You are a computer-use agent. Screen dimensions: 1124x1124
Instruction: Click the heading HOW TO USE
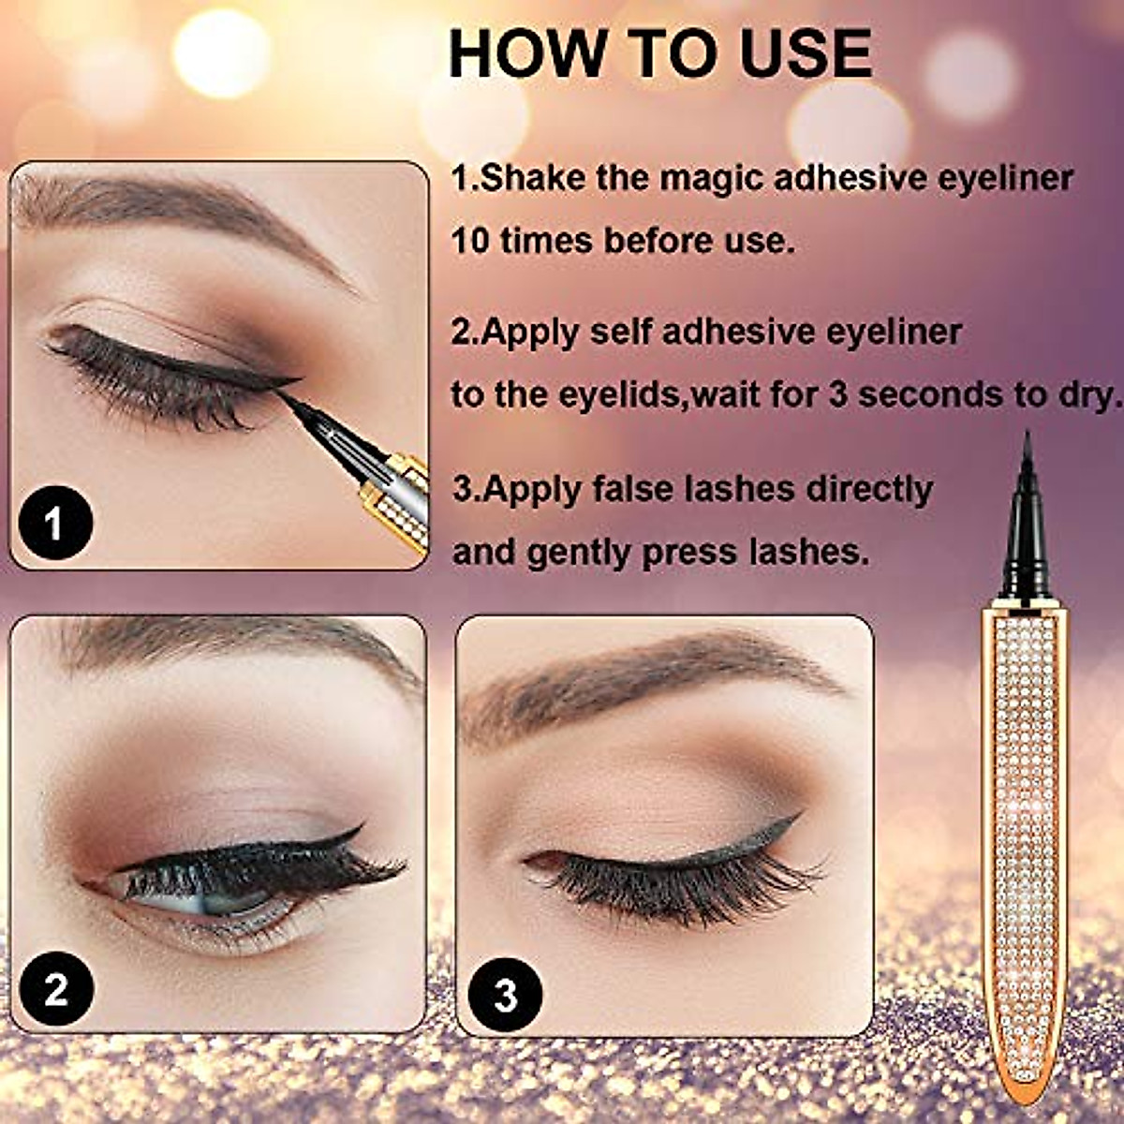coord(660,53)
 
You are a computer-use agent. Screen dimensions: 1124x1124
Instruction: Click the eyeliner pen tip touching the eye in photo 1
coord(309,412)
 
